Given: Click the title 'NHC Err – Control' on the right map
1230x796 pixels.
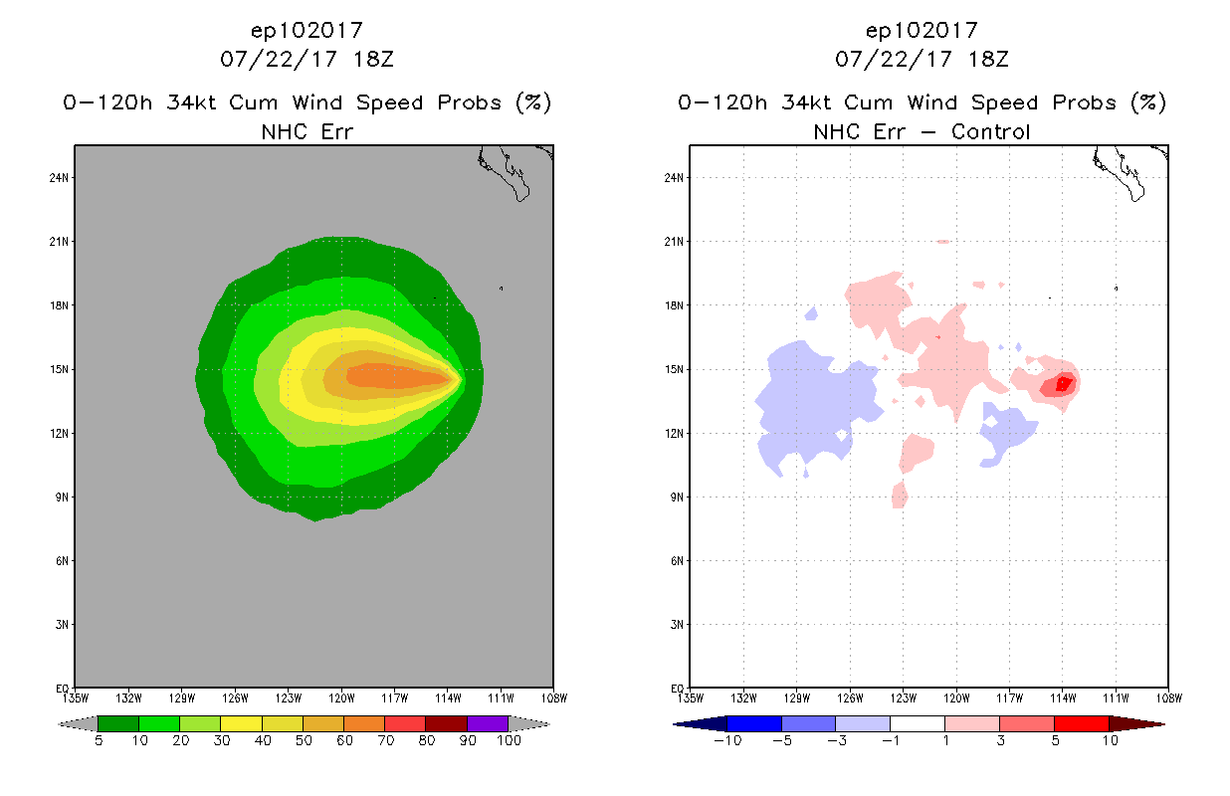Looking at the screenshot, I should click(x=922, y=132).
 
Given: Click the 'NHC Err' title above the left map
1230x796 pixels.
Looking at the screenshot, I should click(x=307, y=132).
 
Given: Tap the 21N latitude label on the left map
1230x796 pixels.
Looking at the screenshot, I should click(x=62, y=242).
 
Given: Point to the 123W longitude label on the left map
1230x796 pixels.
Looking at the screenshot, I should click(x=289, y=697).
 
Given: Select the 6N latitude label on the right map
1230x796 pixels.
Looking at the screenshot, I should click(x=676, y=561).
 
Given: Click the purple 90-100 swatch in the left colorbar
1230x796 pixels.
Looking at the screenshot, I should click(x=488, y=723).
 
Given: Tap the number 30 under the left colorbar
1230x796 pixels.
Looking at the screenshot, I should click(x=220, y=741).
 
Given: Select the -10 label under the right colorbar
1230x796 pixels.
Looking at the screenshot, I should click(x=726, y=741).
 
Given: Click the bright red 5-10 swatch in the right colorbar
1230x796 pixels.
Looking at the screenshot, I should click(x=1081, y=723).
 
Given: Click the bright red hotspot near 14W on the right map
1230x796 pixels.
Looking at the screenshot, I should click(x=1063, y=383).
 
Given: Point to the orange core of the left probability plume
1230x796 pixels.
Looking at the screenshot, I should click(x=388, y=376).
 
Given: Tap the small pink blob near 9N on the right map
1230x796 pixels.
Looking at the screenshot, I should click(x=900, y=495).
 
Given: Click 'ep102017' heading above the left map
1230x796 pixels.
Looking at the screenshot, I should click(x=307, y=31).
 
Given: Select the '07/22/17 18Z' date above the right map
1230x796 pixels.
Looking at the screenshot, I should click(x=922, y=59).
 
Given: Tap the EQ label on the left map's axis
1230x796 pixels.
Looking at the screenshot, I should click(x=63, y=689).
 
